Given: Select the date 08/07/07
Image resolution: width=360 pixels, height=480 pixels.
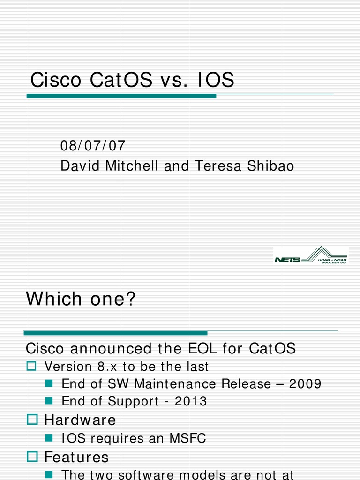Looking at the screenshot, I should [x=93, y=146].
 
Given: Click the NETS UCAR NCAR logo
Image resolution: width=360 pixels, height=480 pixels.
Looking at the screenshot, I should [x=310, y=255].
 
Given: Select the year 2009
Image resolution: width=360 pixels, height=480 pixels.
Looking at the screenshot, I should [x=305, y=384].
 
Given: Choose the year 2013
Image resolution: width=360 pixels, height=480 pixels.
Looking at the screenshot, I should [x=191, y=401].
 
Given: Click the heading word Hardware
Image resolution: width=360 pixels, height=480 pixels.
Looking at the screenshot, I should [x=80, y=420].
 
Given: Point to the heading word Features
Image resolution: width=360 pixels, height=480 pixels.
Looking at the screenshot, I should [x=76, y=457].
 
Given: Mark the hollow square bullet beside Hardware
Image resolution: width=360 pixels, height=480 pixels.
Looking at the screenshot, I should [x=32, y=420].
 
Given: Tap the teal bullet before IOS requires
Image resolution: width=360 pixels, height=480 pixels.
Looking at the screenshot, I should [x=48, y=438].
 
